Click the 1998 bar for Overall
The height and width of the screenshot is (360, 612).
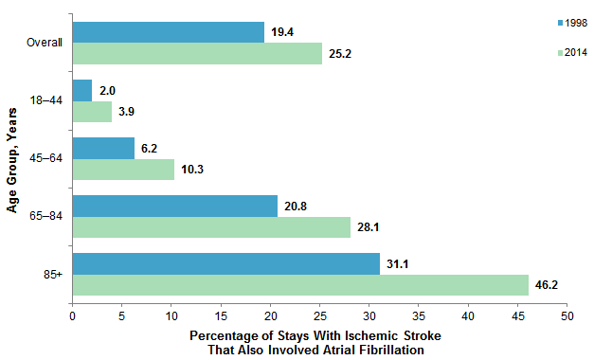click(169, 32)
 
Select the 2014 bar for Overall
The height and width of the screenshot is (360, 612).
click(197, 54)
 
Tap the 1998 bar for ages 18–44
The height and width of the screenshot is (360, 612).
click(82, 90)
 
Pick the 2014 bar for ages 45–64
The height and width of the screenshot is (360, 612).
click(123, 170)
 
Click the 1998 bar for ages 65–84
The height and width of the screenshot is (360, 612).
click(175, 206)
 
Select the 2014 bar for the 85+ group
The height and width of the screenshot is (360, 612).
click(300, 285)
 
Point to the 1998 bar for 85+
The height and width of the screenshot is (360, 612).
click(226, 263)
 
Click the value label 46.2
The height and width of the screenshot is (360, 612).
click(547, 285)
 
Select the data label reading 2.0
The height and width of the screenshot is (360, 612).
click(108, 90)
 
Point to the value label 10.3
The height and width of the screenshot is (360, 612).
click(192, 170)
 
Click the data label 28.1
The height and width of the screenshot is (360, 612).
click(369, 227)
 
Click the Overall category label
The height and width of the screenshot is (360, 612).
click(45, 43)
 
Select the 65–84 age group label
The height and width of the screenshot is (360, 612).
click(45, 216)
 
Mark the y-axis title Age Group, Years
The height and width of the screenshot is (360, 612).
click(13, 159)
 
